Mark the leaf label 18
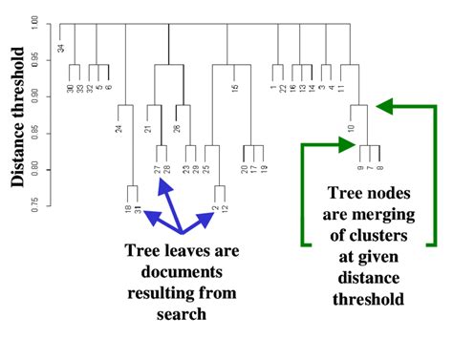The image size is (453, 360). [x=128, y=208]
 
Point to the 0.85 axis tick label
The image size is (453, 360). [x=35, y=134]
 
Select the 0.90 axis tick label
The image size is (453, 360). [x=35, y=97]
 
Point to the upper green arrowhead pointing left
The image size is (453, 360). [x=388, y=105]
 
